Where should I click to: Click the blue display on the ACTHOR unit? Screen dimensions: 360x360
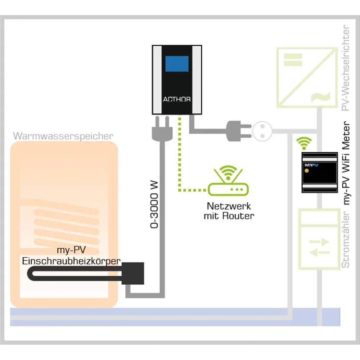pyautogui.click(x=177, y=64)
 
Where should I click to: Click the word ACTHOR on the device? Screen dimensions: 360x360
pyautogui.click(x=177, y=99)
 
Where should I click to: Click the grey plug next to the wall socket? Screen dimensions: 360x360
pyautogui.click(x=238, y=130)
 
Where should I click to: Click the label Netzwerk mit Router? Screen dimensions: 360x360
pyautogui.click(x=229, y=211)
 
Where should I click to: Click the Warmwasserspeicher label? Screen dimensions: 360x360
pyautogui.click(x=63, y=136)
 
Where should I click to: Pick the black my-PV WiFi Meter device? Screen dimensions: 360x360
pyautogui.click(x=319, y=172)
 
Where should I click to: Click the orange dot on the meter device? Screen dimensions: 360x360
pyautogui.click(x=307, y=171)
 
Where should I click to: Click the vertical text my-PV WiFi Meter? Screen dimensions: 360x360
pyautogui.click(x=347, y=164)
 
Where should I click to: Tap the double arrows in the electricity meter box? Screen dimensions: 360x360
pyautogui.click(x=319, y=246)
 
